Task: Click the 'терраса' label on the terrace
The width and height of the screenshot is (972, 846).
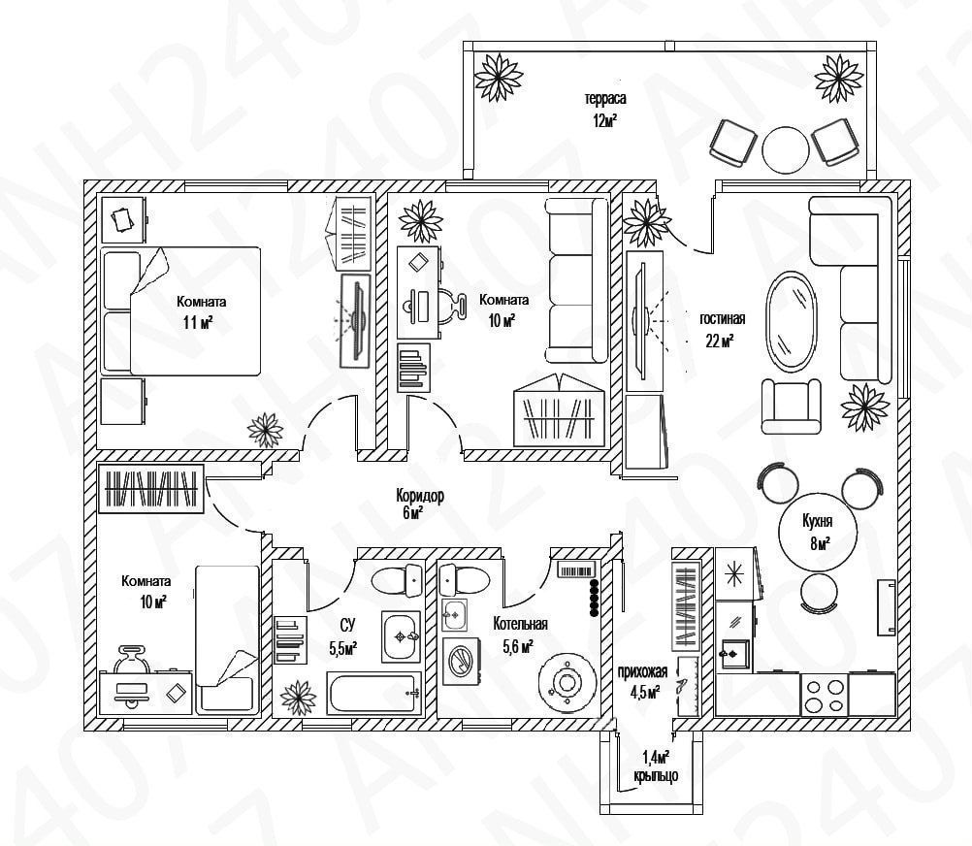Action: tap(604, 99)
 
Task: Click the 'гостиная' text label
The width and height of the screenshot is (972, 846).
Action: tap(723, 319)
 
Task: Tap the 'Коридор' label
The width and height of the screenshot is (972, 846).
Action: tap(420, 495)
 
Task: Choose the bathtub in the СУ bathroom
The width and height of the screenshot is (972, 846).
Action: tap(374, 695)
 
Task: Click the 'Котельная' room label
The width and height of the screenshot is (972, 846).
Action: tap(520, 624)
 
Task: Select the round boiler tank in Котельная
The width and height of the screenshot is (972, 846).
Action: tap(566, 682)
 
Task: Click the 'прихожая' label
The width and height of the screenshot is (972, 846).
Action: tap(641, 671)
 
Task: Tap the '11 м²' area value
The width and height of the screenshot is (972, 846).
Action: tap(198, 322)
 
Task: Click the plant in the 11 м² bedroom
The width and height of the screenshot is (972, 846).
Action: tap(265, 428)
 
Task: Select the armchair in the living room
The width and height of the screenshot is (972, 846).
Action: tap(791, 407)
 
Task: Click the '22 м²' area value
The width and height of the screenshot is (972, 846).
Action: tap(719, 340)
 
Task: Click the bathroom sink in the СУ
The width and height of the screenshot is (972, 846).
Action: tap(400, 636)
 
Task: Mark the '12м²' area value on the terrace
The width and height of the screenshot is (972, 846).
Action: tap(605, 120)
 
